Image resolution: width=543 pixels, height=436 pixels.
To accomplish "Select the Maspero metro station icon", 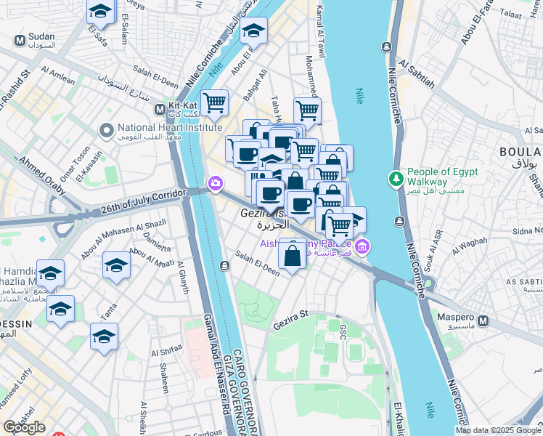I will pos(483,320).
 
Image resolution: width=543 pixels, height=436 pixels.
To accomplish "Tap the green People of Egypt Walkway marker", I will pos(396,177).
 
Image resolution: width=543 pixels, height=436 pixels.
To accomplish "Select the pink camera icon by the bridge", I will pos(215,183).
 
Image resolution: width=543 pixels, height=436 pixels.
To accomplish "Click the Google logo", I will pos(24,427).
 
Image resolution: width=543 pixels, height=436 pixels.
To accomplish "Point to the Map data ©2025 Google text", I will pos(498,430).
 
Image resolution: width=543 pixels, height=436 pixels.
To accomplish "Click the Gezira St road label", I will pos(290,319).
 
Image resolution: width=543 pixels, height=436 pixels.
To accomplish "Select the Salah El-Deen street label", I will pos(257,263).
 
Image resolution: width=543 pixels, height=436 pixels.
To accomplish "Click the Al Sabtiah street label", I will pos(415,74).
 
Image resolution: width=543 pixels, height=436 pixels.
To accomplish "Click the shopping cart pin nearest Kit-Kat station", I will pos(214,103).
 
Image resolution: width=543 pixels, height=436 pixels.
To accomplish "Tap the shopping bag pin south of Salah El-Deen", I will pos(292,257).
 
